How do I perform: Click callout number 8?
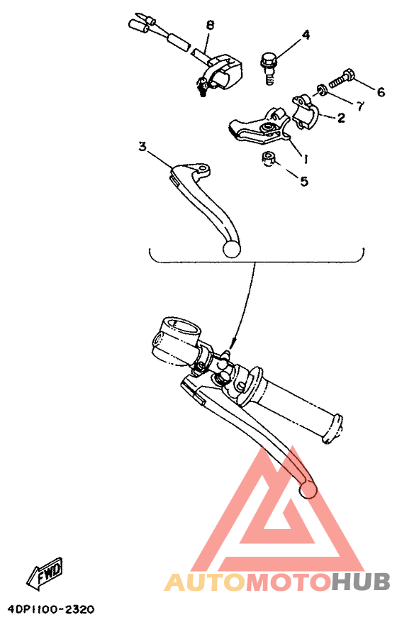click(x=211, y=26)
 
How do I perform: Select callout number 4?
click(x=306, y=35)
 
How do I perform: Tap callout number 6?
click(x=381, y=92)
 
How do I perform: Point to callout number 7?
click(x=359, y=106)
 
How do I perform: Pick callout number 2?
click(x=340, y=118)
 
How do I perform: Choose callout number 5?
click(x=303, y=182)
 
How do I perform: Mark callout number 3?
click(x=142, y=147)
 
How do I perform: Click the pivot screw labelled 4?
click(x=269, y=65)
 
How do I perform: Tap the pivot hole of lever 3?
click(x=203, y=171)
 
